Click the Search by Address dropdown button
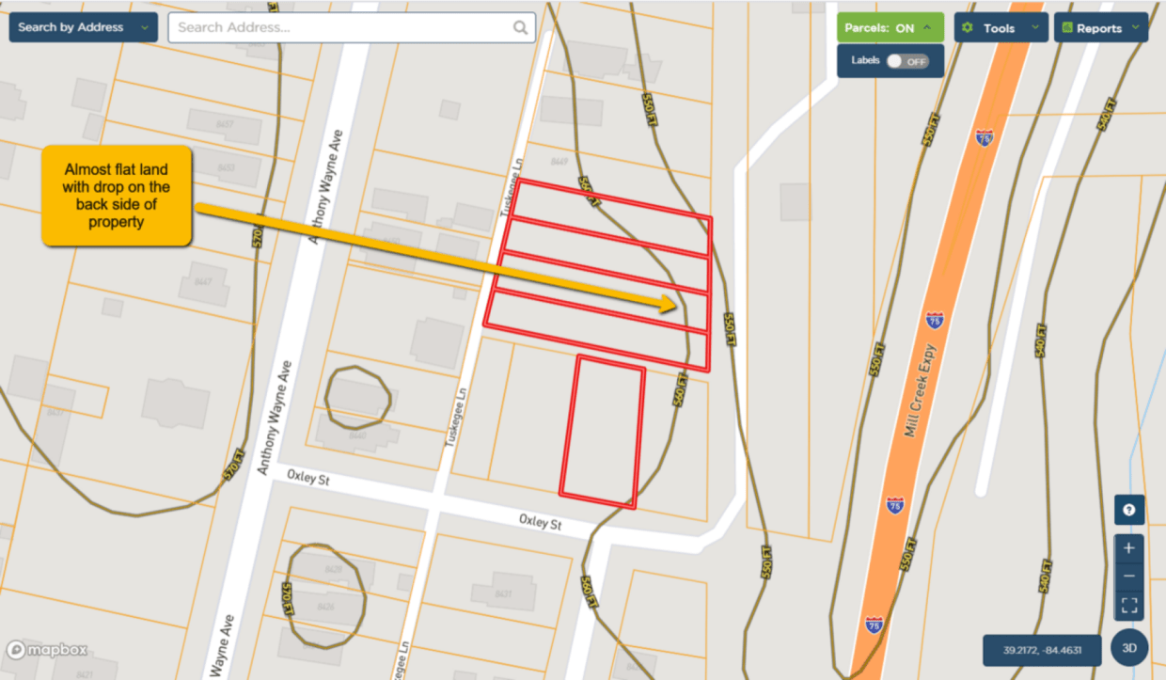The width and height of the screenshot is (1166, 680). [x=83, y=27]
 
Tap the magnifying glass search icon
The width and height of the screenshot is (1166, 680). [x=520, y=27]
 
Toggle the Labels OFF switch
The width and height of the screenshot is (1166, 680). [x=907, y=61]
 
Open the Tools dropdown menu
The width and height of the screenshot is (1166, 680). [x=1001, y=27]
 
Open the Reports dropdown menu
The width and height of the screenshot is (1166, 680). [x=1100, y=27]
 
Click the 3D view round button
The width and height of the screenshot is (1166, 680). [x=1129, y=648]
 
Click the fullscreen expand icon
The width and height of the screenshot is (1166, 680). [x=1129, y=605]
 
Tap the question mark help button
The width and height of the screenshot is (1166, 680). [x=1129, y=510]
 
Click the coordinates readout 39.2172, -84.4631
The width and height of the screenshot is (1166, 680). [x=1041, y=650]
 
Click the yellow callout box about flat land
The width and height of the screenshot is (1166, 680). [x=117, y=196]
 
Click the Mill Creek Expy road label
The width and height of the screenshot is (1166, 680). [x=922, y=390]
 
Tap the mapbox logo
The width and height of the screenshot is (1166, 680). [x=47, y=650]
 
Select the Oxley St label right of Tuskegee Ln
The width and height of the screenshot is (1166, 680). [x=540, y=522]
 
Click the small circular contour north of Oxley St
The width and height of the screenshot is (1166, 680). [x=357, y=397]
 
